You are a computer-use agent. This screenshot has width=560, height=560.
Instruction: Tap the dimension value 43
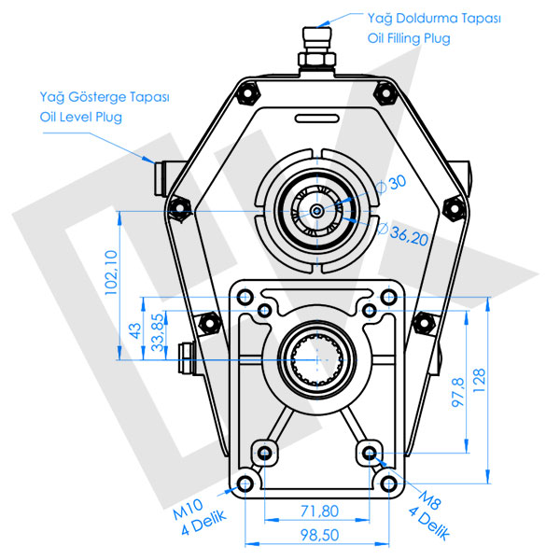[x=134, y=330]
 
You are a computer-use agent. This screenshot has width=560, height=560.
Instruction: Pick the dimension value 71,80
[x=320, y=511]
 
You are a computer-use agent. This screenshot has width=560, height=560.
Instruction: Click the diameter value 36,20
[x=409, y=239]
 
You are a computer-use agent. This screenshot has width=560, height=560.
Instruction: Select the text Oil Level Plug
[x=80, y=117]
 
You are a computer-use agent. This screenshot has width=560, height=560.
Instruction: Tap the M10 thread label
[x=189, y=511]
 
